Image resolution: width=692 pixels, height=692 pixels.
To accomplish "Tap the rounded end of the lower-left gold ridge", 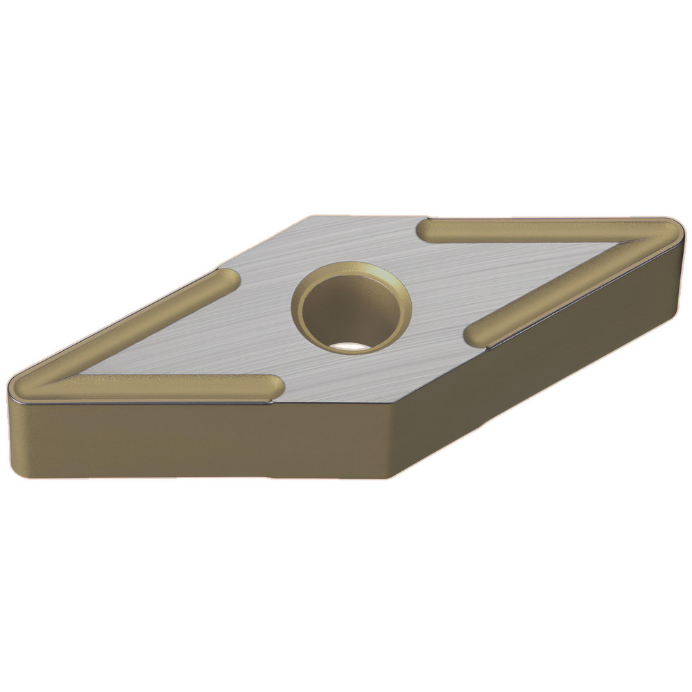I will pyautogui.click(x=273, y=387).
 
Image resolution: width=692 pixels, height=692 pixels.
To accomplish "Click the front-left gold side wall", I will pyautogui.click(x=201, y=439).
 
